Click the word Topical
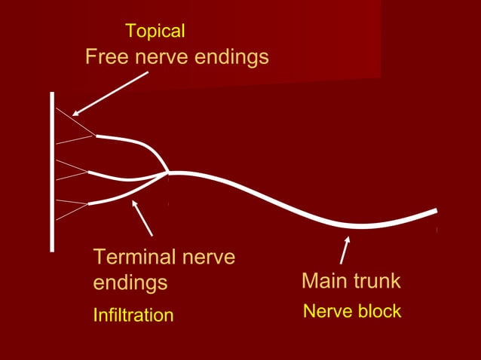tap(155, 32)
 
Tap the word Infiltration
tap(133, 315)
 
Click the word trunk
tap(377, 282)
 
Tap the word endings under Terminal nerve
tap(130, 284)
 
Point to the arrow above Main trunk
tap(345, 251)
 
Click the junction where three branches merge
tap(168, 172)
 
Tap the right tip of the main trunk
tap(435, 210)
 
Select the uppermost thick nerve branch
tap(132, 141)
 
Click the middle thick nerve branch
tap(124, 178)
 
